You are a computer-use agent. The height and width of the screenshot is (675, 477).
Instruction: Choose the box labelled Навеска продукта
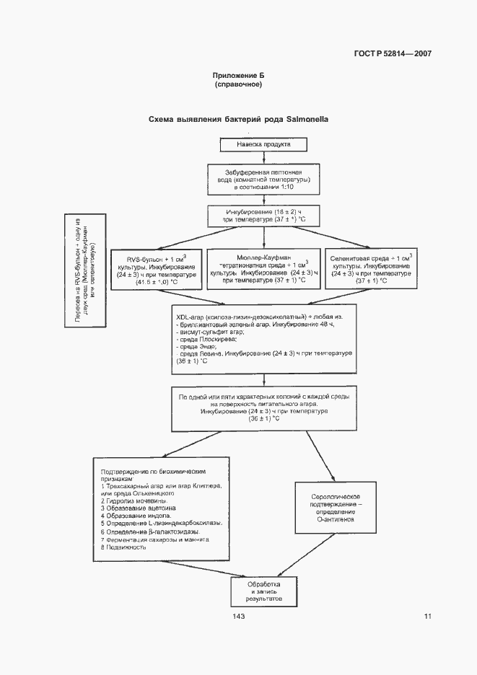pyautogui.click(x=263, y=144)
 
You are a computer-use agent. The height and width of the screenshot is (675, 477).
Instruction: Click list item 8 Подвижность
pyautogui.click(x=126, y=547)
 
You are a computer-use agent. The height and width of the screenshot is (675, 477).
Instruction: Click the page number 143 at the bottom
pyautogui.click(x=239, y=616)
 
